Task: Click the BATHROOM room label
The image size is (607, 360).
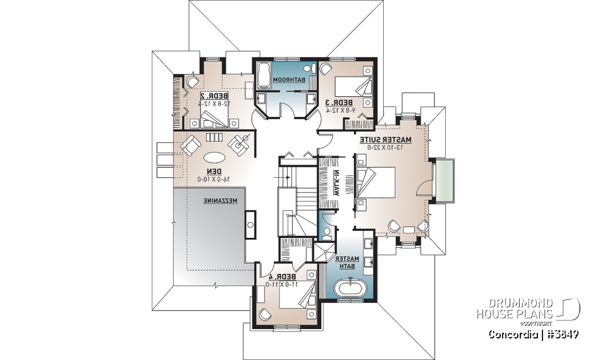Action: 293,80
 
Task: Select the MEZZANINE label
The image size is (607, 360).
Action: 221,201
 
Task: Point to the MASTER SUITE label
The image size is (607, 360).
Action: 385,139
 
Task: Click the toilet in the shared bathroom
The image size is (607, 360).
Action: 309,68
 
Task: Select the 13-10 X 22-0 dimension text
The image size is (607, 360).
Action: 385,147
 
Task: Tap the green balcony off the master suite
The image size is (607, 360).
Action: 442,181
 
